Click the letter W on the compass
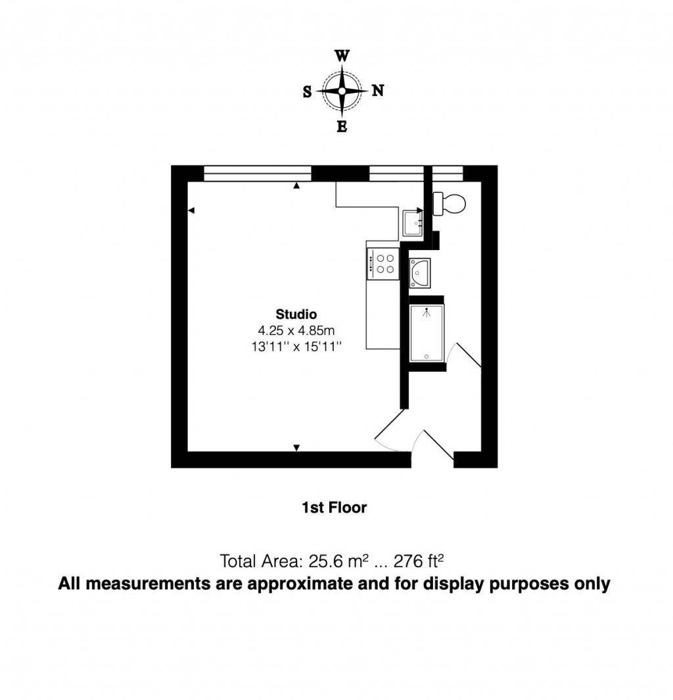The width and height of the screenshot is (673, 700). tap(342, 56)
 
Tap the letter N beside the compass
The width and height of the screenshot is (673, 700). tap(378, 91)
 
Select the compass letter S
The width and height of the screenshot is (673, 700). tap(307, 93)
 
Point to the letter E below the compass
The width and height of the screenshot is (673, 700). tap(342, 127)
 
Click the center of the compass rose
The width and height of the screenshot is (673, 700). tap(342, 91)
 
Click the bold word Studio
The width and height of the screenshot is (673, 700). tap(296, 314)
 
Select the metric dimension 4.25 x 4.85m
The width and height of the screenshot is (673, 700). tap(296, 330)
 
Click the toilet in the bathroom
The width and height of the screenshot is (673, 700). tap(450, 202)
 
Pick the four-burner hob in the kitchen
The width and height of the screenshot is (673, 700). tap(383, 263)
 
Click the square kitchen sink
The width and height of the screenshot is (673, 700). tap(413, 222)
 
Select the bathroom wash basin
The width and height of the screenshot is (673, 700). tap(419, 272)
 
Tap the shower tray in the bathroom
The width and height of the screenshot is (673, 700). tap(427, 334)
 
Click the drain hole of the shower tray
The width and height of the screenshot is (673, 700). tap(427, 357)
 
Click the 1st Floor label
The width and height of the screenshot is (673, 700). tap(334, 507)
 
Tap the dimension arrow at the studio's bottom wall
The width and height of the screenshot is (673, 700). tap(296, 448)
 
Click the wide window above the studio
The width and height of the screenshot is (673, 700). tap(257, 173)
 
